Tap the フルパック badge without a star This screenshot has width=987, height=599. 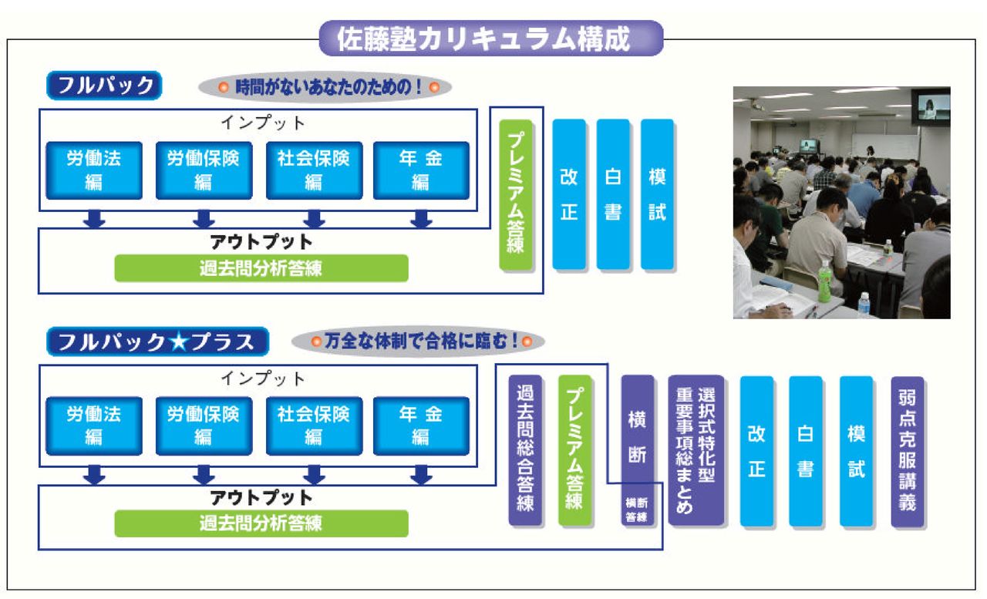104,86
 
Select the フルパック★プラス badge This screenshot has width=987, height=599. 158,342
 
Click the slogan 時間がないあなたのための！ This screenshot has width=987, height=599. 325,87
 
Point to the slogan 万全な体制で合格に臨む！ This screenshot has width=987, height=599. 418,342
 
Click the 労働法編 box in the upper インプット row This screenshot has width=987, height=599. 94,170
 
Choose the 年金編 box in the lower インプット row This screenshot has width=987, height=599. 421,426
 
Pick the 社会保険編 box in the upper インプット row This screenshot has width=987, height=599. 314,170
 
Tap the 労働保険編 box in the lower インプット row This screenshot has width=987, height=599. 204,426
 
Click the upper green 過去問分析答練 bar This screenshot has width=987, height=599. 261,268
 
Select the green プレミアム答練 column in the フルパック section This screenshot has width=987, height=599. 516,195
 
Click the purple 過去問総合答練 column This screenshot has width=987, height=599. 525,450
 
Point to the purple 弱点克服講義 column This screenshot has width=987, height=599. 908,452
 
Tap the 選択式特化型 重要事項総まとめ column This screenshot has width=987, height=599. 696,450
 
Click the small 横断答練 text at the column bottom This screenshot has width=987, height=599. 637,510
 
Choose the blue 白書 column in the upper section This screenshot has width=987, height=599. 613,194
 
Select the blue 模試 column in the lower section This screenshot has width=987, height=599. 857,452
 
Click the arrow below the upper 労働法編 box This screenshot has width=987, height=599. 94,219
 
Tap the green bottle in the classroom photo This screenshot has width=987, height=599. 824,282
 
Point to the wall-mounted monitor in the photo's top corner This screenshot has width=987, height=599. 931,108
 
